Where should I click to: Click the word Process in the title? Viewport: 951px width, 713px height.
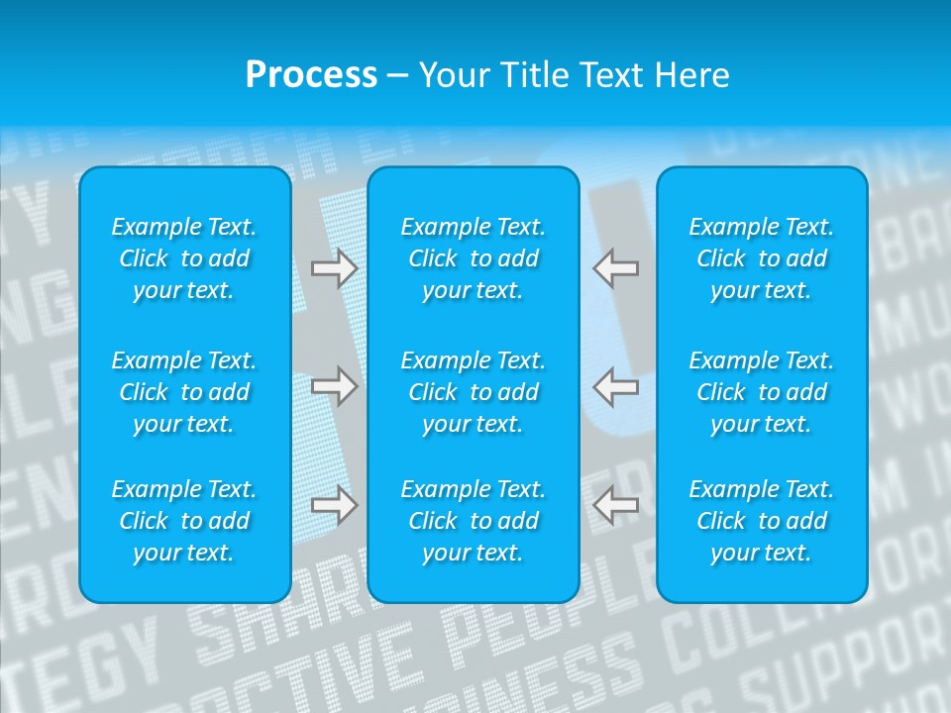tap(311, 75)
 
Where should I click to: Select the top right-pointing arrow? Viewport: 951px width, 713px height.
tap(334, 268)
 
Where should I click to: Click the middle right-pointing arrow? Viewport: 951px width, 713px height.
tap(334, 385)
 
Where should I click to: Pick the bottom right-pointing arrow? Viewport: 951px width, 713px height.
tap(334, 505)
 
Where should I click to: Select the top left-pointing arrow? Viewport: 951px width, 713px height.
tap(616, 268)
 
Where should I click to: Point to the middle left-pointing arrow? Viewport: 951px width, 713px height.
tap(616, 385)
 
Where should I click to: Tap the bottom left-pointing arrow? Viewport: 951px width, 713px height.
tap(616, 505)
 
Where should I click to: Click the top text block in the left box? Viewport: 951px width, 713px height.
tap(184, 258)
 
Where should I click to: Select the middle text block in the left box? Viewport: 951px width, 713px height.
tap(184, 392)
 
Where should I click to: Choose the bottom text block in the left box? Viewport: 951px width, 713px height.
tap(184, 521)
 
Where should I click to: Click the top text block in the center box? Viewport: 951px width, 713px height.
tap(474, 258)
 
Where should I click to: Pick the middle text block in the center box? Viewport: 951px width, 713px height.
tap(474, 392)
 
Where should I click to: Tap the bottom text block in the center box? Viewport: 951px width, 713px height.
tap(474, 521)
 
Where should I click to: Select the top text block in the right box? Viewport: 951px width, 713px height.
tap(762, 258)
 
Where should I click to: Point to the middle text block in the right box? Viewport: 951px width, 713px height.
tap(762, 392)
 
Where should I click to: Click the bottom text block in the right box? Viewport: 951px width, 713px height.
tap(762, 521)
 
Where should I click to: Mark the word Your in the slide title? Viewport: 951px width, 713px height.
tap(452, 75)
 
